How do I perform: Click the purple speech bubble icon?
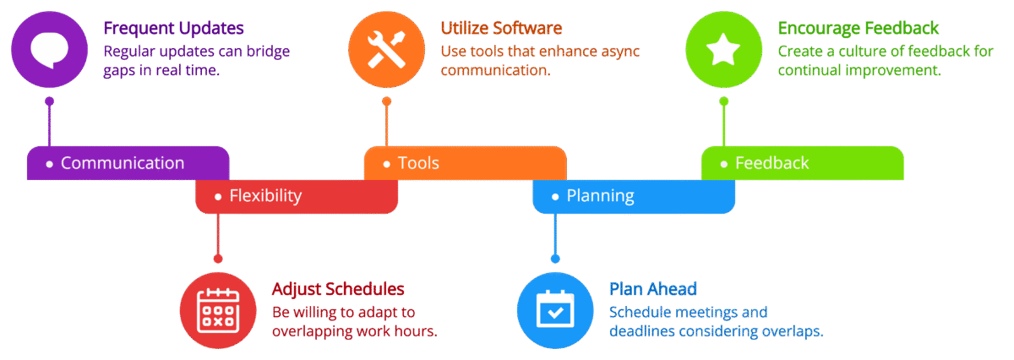(x=49, y=50)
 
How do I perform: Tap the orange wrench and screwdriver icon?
(x=386, y=50)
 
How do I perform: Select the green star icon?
(x=723, y=50)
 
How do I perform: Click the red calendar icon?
(x=218, y=310)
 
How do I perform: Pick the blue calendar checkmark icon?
(x=555, y=310)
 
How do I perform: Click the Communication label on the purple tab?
(x=123, y=163)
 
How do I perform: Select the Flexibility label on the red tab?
(x=265, y=196)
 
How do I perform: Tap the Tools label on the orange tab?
(x=418, y=163)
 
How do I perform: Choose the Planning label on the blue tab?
(x=600, y=196)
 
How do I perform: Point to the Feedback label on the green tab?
(x=771, y=163)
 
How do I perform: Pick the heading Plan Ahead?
(x=652, y=289)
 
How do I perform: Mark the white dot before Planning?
(x=555, y=197)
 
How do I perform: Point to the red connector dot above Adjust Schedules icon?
(x=218, y=258)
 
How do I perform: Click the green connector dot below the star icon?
(x=723, y=101)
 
